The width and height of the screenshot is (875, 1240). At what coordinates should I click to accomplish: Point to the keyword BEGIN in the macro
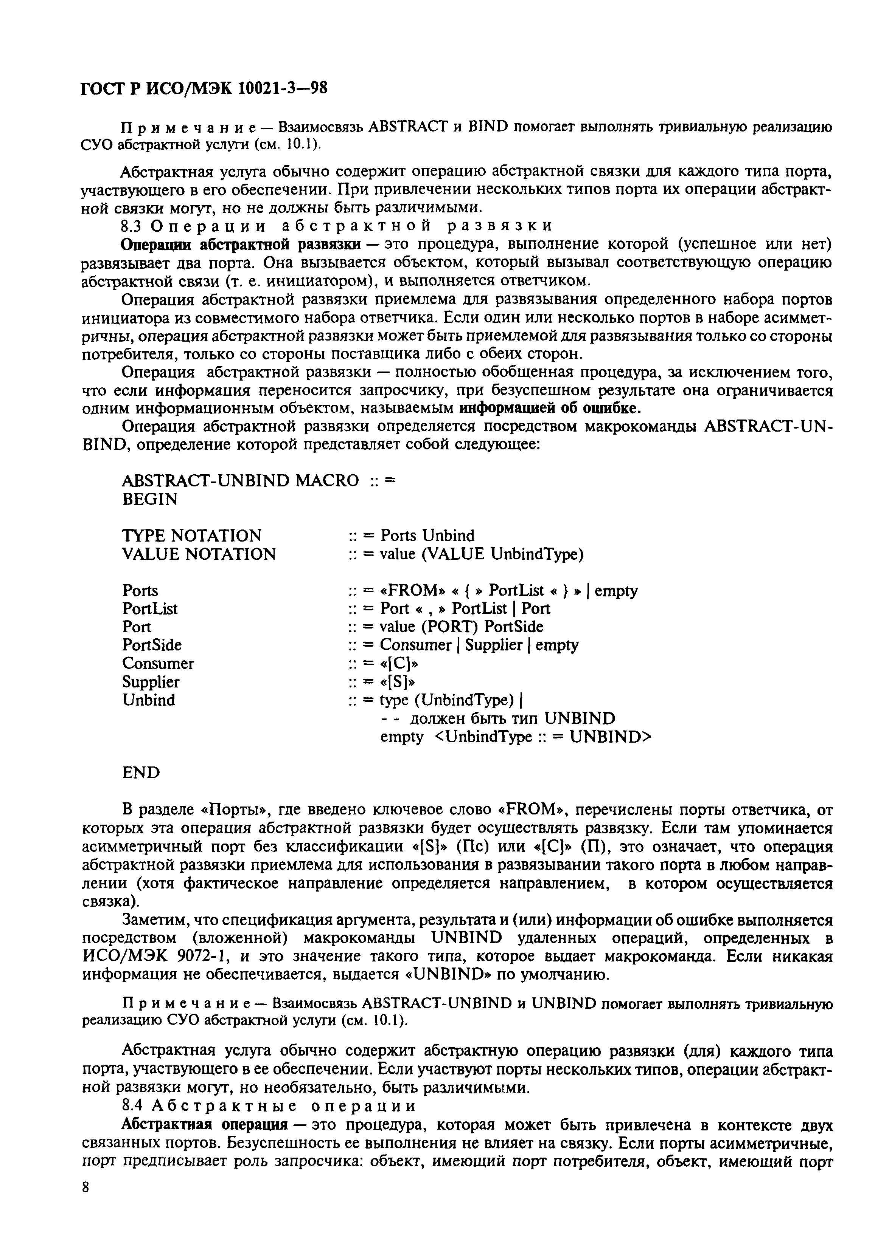click(x=150, y=499)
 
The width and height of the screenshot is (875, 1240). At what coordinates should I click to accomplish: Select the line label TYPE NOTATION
click(x=192, y=535)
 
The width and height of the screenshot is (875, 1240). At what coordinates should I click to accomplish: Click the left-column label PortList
click(x=150, y=608)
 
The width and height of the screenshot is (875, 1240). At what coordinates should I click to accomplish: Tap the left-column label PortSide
click(x=152, y=645)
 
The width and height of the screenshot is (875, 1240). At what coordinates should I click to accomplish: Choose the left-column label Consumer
click(x=158, y=663)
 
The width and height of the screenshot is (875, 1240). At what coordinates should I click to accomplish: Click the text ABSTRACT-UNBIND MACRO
click(x=241, y=480)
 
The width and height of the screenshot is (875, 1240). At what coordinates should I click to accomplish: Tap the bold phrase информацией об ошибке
click(x=553, y=407)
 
